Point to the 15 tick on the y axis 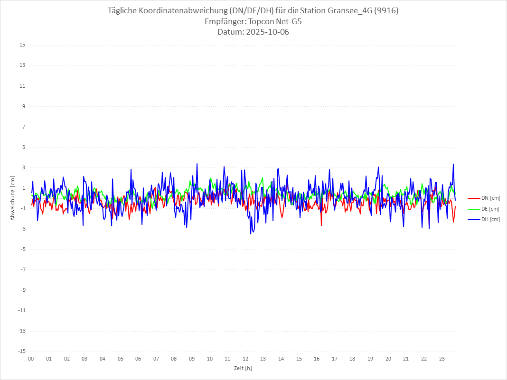coord(22,45)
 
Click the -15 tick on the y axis coord(21,352)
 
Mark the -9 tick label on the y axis coord(22,290)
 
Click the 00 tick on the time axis coord(31,359)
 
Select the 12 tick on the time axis coord(245,359)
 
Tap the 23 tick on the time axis coord(442,359)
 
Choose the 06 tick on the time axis coord(138,359)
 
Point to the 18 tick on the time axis coord(353,359)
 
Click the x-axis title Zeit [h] coord(243,368)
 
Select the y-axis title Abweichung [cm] coord(13,198)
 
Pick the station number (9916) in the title coord(386,11)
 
